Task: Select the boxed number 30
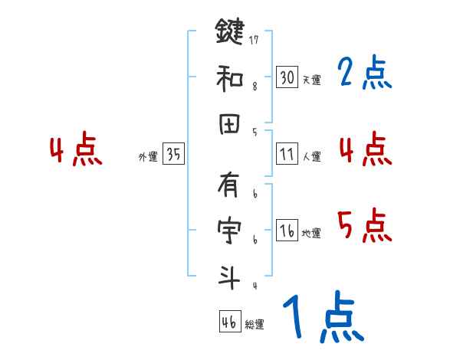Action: (x=287, y=77)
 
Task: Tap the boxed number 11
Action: (x=287, y=154)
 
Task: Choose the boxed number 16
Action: (x=287, y=231)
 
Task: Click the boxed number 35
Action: (x=173, y=154)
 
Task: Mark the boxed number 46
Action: (x=228, y=322)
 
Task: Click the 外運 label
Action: (x=148, y=156)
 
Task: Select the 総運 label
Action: (x=254, y=324)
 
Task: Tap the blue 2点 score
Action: (x=364, y=74)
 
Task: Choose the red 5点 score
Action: (x=364, y=226)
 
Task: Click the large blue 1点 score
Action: (x=322, y=318)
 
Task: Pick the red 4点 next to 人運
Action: (x=364, y=149)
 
